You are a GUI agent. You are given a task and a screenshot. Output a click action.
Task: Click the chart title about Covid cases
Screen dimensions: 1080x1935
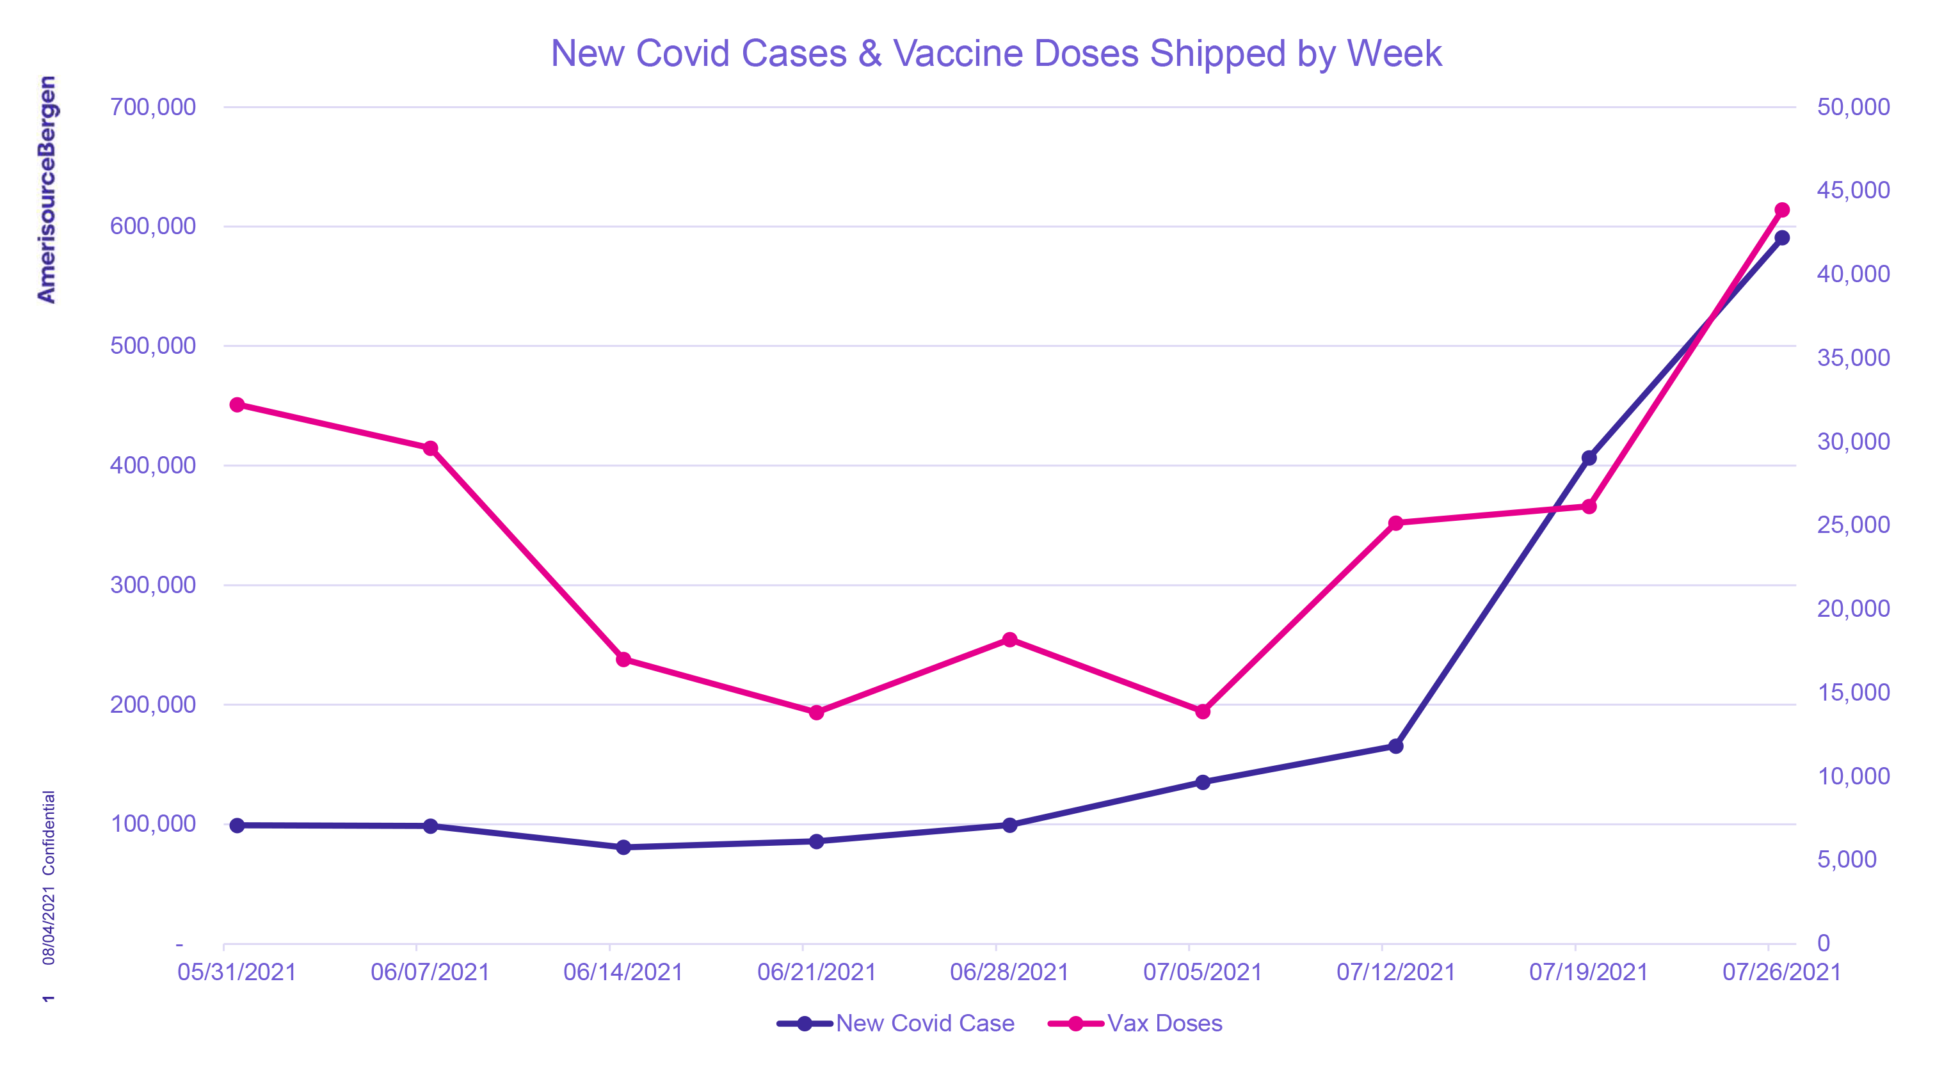[x=996, y=53]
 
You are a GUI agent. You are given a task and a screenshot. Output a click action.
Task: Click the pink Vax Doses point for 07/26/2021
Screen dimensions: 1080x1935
[x=1782, y=210]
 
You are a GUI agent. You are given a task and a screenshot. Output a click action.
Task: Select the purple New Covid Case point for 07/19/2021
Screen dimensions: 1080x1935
[x=1589, y=458]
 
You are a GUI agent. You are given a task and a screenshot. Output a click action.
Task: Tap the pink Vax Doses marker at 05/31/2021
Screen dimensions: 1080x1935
[x=237, y=405]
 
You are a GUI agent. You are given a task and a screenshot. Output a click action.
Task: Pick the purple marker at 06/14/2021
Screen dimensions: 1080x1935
[x=623, y=847]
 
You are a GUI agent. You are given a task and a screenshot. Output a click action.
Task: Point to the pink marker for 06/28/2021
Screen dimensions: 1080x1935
[x=1009, y=640]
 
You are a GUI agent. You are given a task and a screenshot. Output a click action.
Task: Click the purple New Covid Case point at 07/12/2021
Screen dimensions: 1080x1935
[x=1395, y=747]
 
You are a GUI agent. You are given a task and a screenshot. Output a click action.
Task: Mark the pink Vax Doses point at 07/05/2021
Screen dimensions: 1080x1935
[x=1203, y=711]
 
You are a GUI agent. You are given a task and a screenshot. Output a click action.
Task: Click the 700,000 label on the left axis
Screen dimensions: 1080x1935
[x=152, y=107]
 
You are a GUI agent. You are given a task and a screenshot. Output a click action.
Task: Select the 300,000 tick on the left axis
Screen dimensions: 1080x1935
[x=152, y=584]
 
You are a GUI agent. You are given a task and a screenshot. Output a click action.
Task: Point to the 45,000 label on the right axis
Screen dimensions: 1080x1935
[x=1853, y=190]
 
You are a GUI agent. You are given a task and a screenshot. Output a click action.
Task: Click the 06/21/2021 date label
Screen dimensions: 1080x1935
[x=817, y=972]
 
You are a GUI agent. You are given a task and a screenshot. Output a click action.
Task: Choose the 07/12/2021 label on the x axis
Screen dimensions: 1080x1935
[x=1395, y=972]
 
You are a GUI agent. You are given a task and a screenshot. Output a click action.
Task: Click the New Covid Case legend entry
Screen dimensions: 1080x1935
[x=925, y=1023]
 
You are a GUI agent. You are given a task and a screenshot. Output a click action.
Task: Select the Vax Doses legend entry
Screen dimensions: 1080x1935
[x=1164, y=1023]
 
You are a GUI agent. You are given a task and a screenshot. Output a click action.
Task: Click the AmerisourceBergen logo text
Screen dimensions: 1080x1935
[x=47, y=189]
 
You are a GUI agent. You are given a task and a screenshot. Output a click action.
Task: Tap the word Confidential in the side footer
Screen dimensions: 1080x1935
[x=49, y=833]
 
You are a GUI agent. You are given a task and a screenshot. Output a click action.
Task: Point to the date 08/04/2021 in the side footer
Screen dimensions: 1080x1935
[x=49, y=925]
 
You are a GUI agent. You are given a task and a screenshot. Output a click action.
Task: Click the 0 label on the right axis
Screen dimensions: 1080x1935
[x=1824, y=943]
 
